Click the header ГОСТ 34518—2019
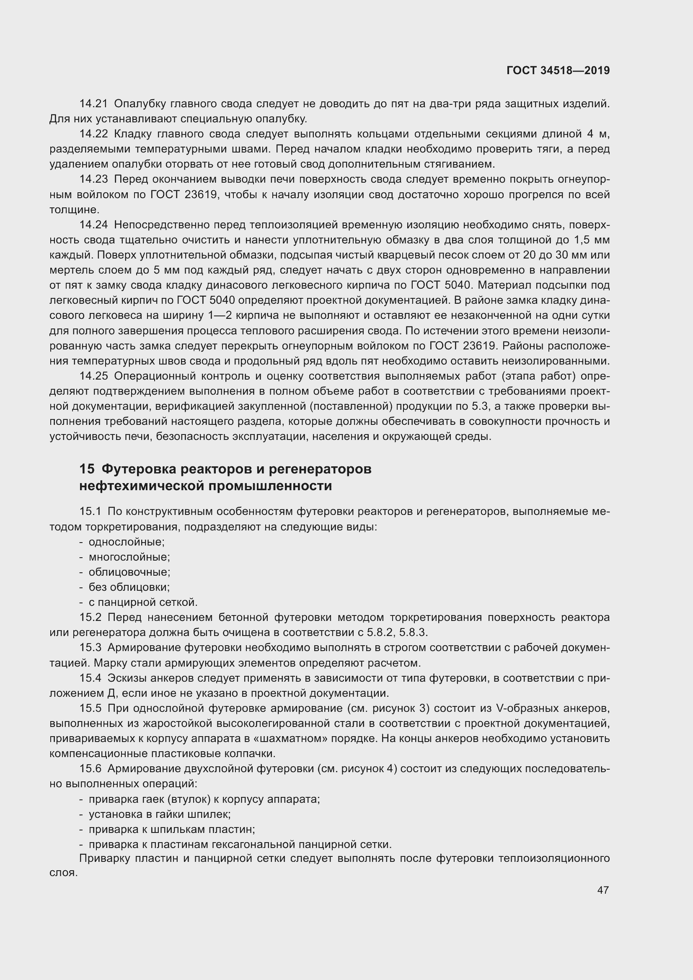pyautogui.click(x=558, y=70)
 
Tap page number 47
pyautogui.click(x=602, y=890)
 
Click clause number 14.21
pyautogui.click(x=93, y=104)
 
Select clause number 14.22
pyautogui.click(x=93, y=134)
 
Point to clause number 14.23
pyautogui.click(x=93, y=179)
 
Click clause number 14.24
pyautogui.click(x=93, y=225)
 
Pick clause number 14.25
pyautogui.click(x=93, y=376)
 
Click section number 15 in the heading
pyautogui.click(x=87, y=469)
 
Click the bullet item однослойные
pyautogui.click(x=126, y=542)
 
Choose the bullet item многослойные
pyautogui.click(x=129, y=557)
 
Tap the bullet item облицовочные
pyautogui.click(x=129, y=572)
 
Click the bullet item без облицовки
pyautogui.click(x=129, y=587)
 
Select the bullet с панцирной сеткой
pyautogui.click(x=143, y=602)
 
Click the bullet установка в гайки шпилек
pyautogui.click(x=159, y=814)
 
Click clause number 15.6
pyautogui.click(x=91, y=769)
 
